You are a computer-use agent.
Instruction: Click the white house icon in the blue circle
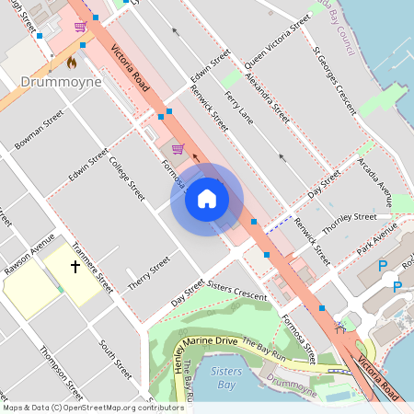(x=207, y=199)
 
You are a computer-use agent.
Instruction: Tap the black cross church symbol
(x=75, y=268)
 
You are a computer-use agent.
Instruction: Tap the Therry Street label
(x=149, y=274)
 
